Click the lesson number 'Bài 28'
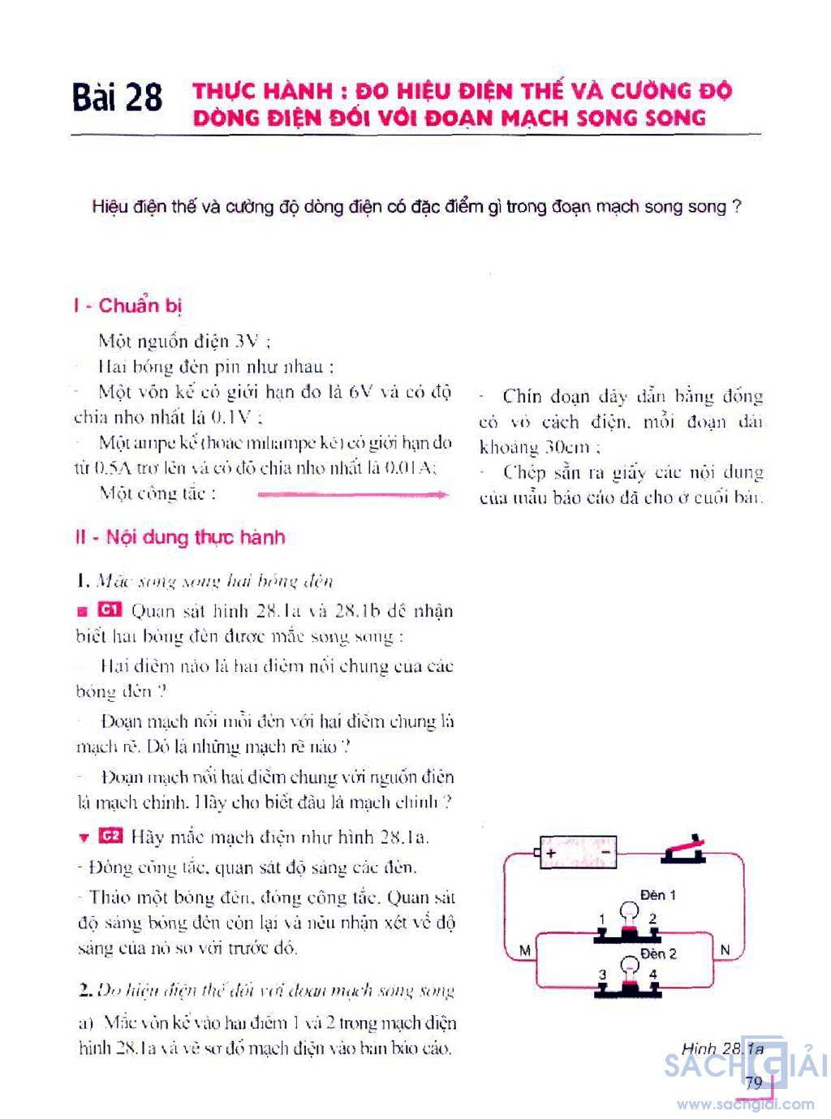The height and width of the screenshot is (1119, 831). coord(117,98)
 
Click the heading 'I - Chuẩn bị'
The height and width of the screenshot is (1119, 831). coord(127,306)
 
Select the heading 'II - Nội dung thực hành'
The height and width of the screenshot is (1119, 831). coord(179,537)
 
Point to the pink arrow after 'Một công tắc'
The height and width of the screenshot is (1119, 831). coord(352,493)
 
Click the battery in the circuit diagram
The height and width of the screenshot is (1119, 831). coord(577,853)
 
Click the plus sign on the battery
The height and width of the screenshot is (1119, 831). coord(552,853)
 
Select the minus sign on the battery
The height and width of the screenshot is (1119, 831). coord(605,853)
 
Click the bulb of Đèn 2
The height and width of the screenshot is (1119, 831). coord(629,966)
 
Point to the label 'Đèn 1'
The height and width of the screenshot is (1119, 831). coord(657,894)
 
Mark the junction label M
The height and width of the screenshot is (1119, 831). coord(524,950)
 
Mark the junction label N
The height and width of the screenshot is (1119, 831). coord(725,949)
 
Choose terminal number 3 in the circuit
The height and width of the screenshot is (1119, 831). coord(602,975)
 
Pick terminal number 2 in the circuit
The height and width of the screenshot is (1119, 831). coord(652,919)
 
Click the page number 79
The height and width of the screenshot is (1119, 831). coord(754,1082)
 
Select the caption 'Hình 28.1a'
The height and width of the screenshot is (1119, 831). coord(722,1048)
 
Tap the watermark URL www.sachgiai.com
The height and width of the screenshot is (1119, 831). coord(745,1104)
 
